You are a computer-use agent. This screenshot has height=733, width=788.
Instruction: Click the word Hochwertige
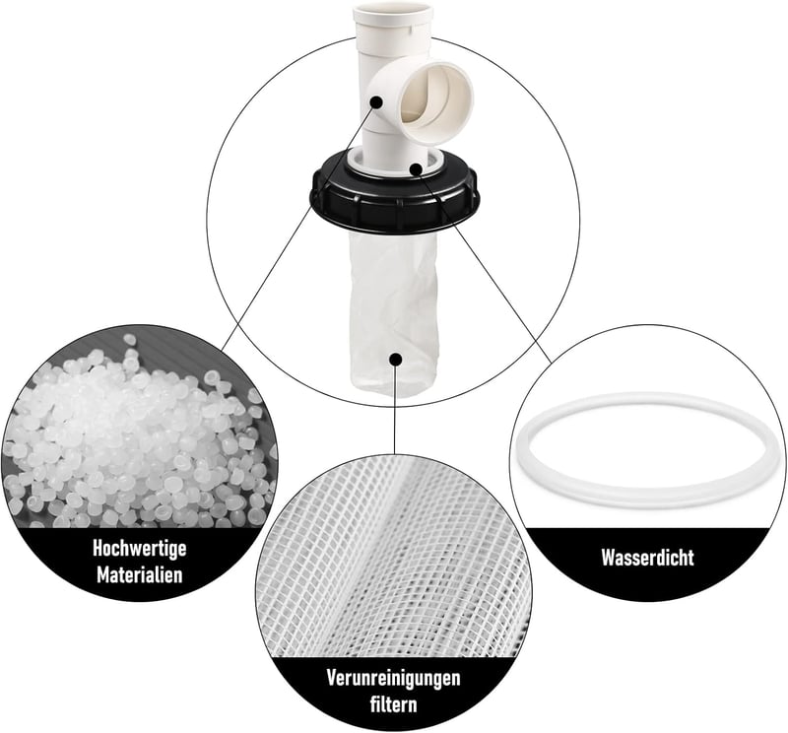pyautogui.click(x=139, y=548)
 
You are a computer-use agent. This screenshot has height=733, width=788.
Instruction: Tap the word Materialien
pyautogui.click(x=139, y=574)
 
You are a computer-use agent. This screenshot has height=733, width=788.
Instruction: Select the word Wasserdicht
pyautogui.click(x=647, y=558)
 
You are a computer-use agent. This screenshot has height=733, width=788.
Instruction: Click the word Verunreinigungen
pyautogui.click(x=393, y=678)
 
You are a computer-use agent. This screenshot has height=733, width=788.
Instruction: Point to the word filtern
pyautogui.click(x=393, y=703)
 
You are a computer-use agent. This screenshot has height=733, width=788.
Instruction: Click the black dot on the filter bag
pyautogui.click(x=396, y=359)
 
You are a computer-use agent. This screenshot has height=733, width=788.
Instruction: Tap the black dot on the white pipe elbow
pyautogui.click(x=376, y=102)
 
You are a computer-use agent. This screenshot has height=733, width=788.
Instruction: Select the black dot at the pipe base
pyautogui.click(x=416, y=168)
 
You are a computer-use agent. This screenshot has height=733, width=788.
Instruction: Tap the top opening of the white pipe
pyautogui.click(x=392, y=12)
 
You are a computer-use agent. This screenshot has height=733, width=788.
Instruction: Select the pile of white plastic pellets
pyautogui.click(x=136, y=437)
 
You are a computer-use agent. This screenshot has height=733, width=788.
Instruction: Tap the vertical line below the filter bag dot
pyautogui.click(x=396, y=408)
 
